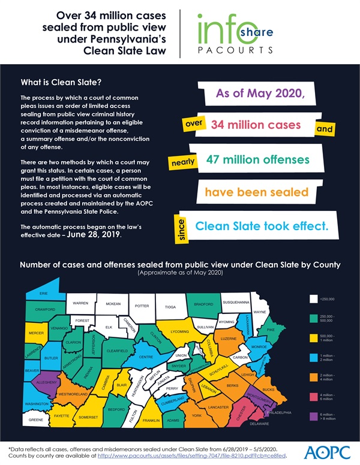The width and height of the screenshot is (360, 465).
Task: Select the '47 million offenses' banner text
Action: click(258, 160)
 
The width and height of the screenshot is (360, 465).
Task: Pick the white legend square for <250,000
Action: click(313, 298)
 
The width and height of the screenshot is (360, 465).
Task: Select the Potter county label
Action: click(142, 306)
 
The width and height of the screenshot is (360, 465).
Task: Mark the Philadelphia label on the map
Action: click(280, 413)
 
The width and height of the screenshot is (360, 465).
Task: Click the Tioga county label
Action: click(170, 307)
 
